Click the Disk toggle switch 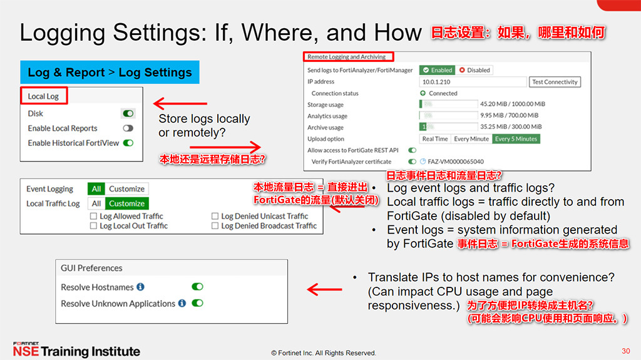tap(128, 114)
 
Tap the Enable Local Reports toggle tap(128, 128)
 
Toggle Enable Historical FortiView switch tap(128, 143)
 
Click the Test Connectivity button tap(555, 82)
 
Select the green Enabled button tap(437, 70)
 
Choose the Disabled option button tap(474, 70)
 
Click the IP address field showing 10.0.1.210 tap(473, 82)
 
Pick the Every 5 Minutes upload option tap(516, 139)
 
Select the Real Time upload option tap(435, 139)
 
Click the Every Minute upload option tap(471, 139)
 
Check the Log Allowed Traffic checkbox tap(93, 217)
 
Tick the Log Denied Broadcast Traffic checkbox tap(215, 226)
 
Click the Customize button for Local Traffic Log tap(126, 203)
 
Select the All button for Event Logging tap(96, 189)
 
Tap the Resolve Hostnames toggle tap(197, 287)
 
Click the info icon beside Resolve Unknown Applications tap(182, 303)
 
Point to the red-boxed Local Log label tap(43, 96)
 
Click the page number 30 tap(625, 351)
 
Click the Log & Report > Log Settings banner tap(110, 73)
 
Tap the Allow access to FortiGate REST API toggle tap(412, 150)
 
